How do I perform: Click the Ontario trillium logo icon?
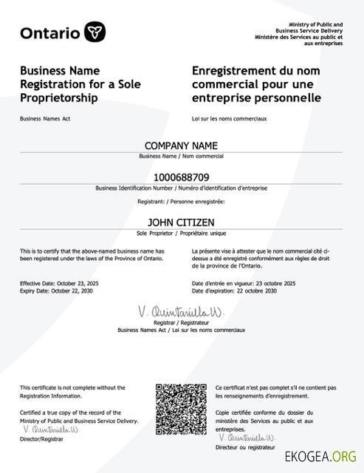pyautogui.click(x=95, y=32)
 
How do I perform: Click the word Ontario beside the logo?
pyautogui.click(x=50, y=33)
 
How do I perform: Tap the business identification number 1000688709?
pyautogui.click(x=181, y=177)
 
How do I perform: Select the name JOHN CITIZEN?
pyautogui.click(x=181, y=221)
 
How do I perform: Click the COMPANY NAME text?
pyautogui.click(x=181, y=146)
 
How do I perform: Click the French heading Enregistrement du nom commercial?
pyautogui.click(x=256, y=84)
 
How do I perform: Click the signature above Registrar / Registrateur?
pyautogui.click(x=180, y=312)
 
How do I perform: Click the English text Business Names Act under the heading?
pyautogui.click(x=45, y=118)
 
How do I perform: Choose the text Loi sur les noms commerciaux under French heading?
pyautogui.click(x=229, y=118)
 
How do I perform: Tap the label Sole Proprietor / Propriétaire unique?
pyautogui.click(x=181, y=233)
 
